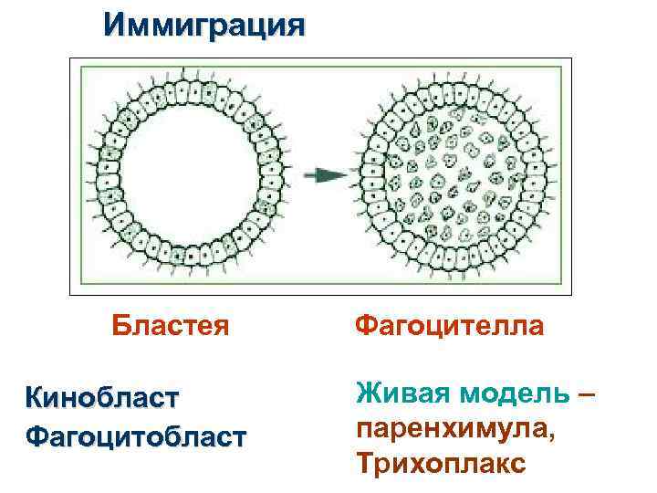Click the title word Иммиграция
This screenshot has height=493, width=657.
pyautogui.click(x=203, y=24)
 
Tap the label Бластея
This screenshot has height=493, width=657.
pyautogui.click(x=170, y=326)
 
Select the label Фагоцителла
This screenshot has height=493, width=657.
pyautogui.click(x=449, y=326)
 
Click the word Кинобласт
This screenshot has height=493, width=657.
pyautogui.click(x=103, y=398)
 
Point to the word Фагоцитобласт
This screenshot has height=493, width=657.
pyautogui.click(x=136, y=436)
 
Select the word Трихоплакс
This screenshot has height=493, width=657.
pyautogui.click(x=442, y=463)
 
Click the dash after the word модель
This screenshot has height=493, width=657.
pyautogui.click(x=588, y=394)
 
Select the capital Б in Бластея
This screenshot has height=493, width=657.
pyautogui.click(x=120, y=326)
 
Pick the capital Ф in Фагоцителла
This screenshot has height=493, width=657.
pyautogui.click(x=363, y=326)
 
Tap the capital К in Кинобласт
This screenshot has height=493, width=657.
pyautogui.click(x=35, y=398)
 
